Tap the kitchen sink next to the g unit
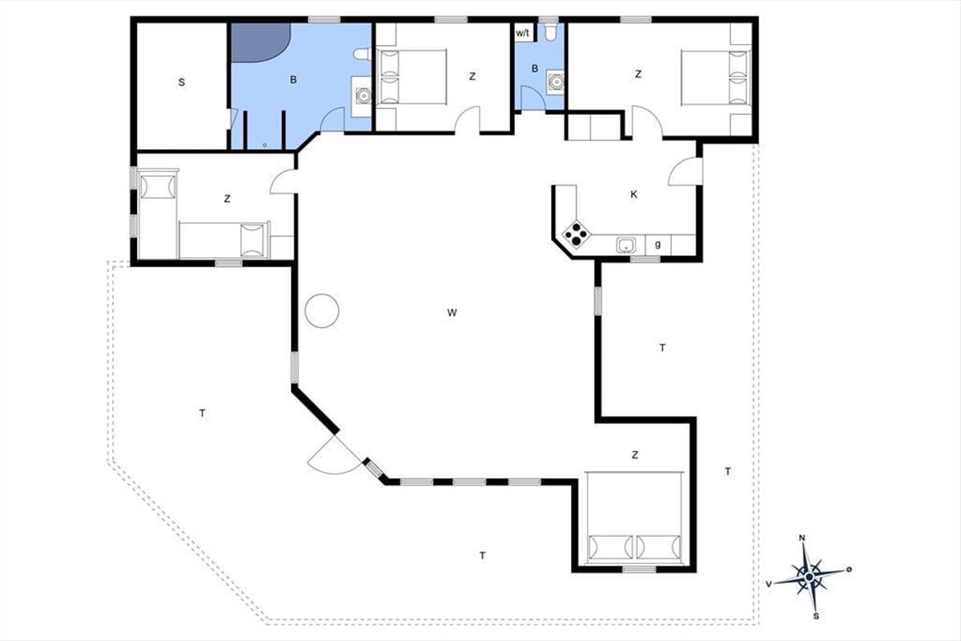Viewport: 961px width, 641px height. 626,245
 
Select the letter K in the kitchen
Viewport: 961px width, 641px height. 633,195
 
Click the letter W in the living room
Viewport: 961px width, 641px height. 452,312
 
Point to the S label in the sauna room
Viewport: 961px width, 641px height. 182,82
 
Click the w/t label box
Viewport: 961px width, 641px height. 523,33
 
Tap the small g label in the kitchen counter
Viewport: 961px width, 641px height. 657,244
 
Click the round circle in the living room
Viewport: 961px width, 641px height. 322,311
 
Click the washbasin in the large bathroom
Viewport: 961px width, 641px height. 364,95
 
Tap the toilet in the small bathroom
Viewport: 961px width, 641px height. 549,31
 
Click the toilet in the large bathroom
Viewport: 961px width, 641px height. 363,54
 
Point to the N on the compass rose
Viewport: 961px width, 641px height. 802,538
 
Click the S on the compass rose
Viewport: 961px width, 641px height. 816,616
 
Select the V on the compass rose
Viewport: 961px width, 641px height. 769,584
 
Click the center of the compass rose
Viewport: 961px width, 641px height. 809,577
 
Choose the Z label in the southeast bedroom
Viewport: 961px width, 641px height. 635,454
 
